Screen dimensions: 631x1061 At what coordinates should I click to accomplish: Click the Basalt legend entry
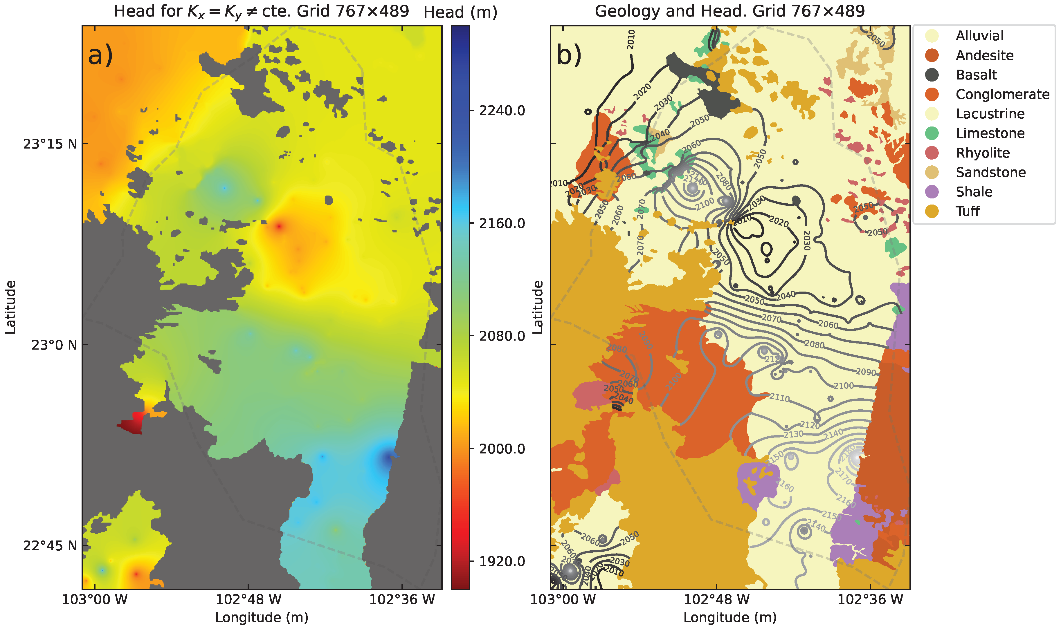[976, 75]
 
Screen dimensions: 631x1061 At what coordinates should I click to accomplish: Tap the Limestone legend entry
[990, 133]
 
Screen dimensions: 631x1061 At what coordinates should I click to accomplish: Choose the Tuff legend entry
[968, 211]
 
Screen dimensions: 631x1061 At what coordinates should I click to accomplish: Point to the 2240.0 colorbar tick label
[502, 111]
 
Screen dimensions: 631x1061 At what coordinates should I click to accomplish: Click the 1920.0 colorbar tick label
[502, 561]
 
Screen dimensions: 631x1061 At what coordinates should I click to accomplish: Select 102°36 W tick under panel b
[870, 600]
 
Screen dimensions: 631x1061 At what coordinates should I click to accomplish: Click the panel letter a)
[100, 55]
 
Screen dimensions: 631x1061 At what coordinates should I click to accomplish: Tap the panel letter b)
[569, 55]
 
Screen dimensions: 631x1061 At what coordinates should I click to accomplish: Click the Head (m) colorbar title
[460, 12]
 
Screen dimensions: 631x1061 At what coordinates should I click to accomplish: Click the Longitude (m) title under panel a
[262, 617]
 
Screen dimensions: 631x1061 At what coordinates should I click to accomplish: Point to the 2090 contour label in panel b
[866, 372]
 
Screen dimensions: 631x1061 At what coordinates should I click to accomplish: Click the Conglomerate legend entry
[1002, 94]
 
